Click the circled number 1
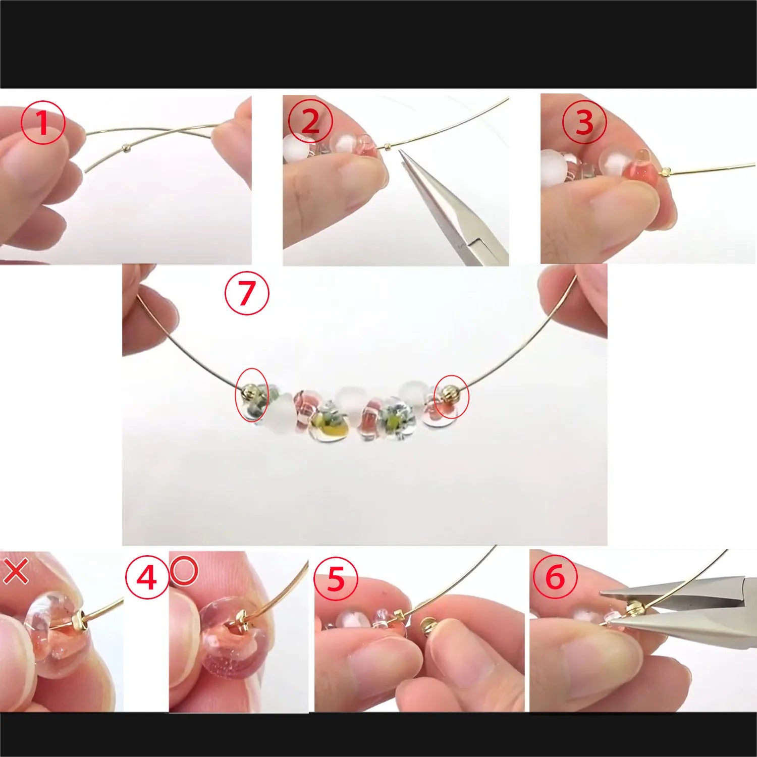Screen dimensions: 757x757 43,123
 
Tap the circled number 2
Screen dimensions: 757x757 310,122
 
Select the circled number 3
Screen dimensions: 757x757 584,122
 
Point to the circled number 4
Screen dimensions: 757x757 147,577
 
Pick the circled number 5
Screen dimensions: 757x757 336,578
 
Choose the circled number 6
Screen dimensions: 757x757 555,577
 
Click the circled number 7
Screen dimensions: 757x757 247,293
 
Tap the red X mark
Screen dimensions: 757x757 16,571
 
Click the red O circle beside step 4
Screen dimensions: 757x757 184,571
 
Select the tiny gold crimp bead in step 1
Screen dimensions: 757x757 126,148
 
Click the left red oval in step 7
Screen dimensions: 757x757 252,395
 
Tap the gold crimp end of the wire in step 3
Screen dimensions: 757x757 665,172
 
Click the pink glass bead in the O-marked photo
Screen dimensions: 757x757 222,638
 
